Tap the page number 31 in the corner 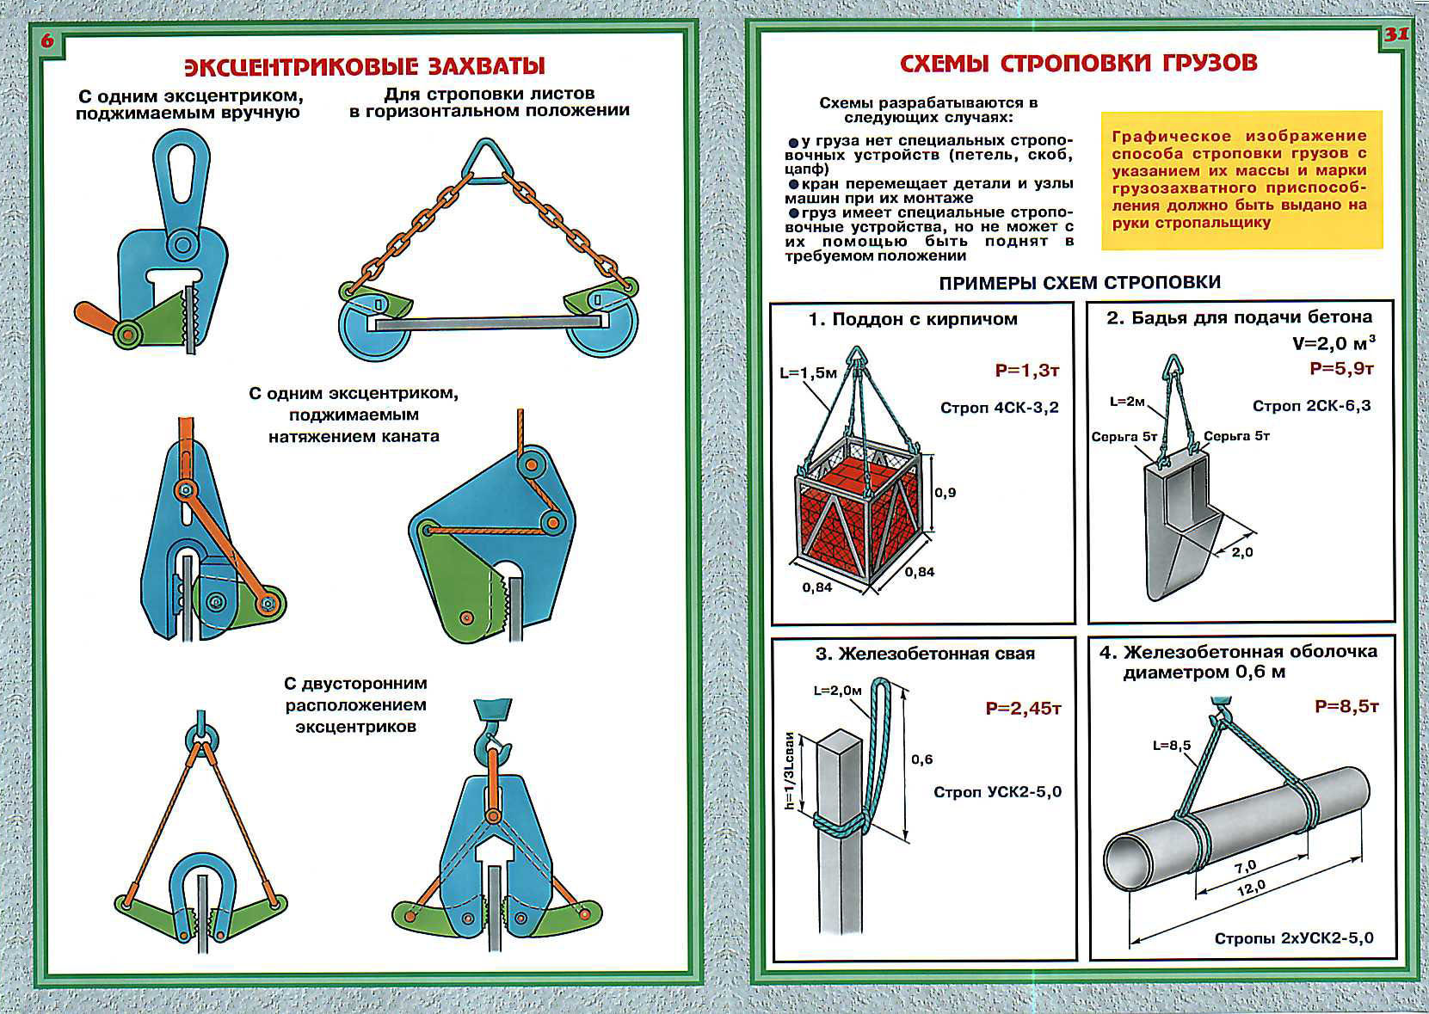click(x=1395, y=35)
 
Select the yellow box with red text click(x=1241, y=180)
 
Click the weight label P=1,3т click(x=1026, y=371)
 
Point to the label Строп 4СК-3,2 click(x=999, y=408)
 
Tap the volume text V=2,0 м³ click(x=1334, y=343)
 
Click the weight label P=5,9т click(x=1341, y=369)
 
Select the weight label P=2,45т click(x=1023, y=710)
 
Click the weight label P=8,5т click(x=1346, y=707)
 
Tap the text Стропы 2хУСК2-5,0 click(x=1293, y=938)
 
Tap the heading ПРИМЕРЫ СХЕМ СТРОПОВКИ click(x=1079, y=283)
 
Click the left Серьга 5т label click(x=1124, y=437)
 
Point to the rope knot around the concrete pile click(x=842, y=825)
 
